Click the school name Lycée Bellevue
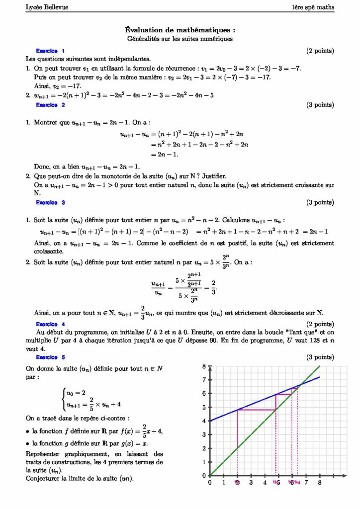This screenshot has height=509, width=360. pos(40,7)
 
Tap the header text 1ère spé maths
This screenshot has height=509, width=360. pos(313,7)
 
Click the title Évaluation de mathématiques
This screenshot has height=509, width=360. pos(180,30)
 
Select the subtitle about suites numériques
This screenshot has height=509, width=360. pos(180,38)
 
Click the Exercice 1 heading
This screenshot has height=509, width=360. pos(50,51)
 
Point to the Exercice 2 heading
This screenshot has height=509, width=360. pos(50,105)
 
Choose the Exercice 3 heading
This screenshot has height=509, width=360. pos(50,202)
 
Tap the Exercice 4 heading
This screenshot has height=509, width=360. pos(50,324)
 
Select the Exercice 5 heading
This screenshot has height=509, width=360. pos(50,357)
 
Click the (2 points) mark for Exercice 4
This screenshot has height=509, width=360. pos(320,324)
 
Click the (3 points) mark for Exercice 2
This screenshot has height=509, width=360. pos(320,105)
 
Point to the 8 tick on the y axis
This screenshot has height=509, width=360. pos(204,366)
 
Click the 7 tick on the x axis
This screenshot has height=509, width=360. pos(306,482)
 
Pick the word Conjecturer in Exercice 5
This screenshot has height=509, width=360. pos(42,478)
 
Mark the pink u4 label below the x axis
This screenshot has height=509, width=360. pos(297,482)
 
